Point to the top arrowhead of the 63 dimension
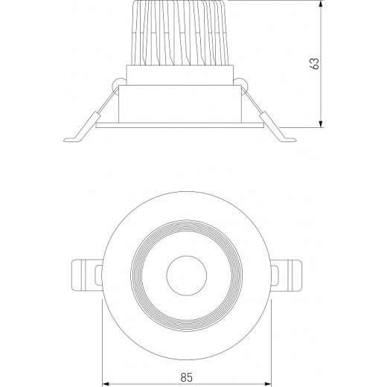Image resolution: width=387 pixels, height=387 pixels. pos(321,4)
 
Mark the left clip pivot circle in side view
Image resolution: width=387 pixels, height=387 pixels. pos(117,84)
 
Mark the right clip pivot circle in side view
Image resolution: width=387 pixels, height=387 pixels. pos(243,84)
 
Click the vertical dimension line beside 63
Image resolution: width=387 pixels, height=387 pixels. pos(321,97)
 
